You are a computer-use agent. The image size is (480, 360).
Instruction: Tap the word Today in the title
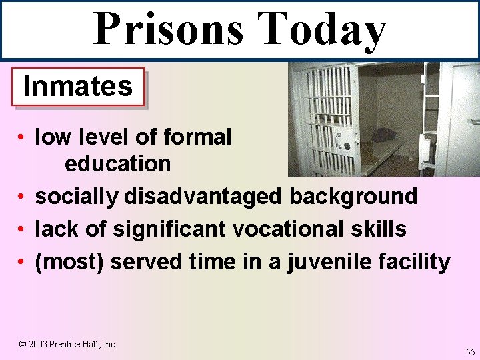(321, 30)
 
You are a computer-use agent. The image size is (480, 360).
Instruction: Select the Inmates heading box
(78, 87)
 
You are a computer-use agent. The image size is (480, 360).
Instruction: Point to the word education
(117, 163)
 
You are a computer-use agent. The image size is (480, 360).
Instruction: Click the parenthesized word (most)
(69, 262)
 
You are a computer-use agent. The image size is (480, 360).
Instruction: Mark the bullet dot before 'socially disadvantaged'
(22, 197)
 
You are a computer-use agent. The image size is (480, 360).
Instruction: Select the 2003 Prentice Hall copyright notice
(68, 344)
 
